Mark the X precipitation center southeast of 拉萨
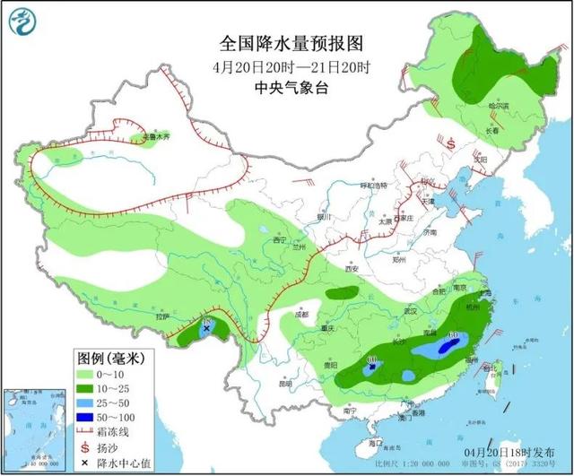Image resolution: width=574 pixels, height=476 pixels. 207,329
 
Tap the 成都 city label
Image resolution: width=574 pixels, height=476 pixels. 299,315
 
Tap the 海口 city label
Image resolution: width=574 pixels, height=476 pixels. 375,443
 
